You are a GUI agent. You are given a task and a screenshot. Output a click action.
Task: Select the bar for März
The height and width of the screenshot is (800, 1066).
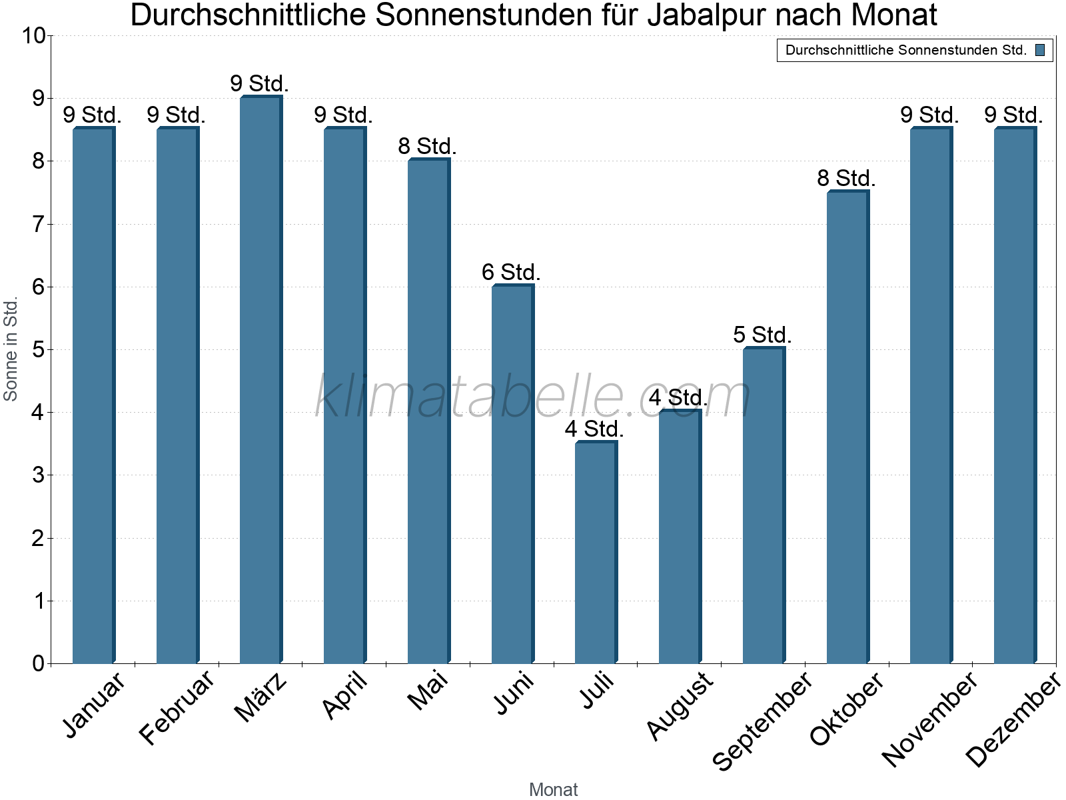click(261, 380)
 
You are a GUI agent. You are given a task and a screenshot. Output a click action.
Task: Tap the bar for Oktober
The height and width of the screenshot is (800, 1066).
click(847, 427)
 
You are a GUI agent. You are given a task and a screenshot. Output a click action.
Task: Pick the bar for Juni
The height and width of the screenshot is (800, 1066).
click(512, 473)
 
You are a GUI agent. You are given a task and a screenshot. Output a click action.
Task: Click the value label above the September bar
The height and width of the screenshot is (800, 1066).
click(762, 335)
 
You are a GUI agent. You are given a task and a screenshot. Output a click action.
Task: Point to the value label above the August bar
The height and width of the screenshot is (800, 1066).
click(678, 398)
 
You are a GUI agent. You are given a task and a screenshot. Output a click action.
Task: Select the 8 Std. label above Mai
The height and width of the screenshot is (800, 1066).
click(427, 146)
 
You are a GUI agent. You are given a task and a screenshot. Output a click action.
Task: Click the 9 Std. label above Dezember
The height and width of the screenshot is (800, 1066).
click(1013, 115)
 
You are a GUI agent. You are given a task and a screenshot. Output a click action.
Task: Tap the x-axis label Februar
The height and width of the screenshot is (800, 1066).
click(177, 708)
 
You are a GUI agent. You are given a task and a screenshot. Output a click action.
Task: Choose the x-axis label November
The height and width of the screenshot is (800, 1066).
click(930, 719)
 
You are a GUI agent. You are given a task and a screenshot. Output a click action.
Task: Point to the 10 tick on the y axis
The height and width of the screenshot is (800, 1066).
click(33, 36)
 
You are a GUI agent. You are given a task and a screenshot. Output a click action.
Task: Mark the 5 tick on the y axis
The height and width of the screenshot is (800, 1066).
click(38, 350)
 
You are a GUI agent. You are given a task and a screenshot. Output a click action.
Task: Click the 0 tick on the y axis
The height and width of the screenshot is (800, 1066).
click(38, 664)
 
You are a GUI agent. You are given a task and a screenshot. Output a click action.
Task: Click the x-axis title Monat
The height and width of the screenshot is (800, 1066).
click(553, 789)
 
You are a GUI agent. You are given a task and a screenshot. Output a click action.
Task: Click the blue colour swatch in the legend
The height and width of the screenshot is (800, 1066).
click(1040, 50)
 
